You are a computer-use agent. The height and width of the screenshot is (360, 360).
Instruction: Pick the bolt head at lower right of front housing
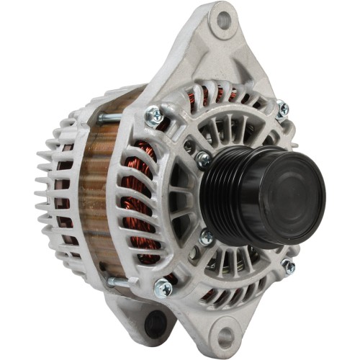(288, 266)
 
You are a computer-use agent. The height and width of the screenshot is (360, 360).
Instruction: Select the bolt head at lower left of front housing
(163, 287)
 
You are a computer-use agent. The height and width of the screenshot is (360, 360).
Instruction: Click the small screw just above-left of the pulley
(204, 159)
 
